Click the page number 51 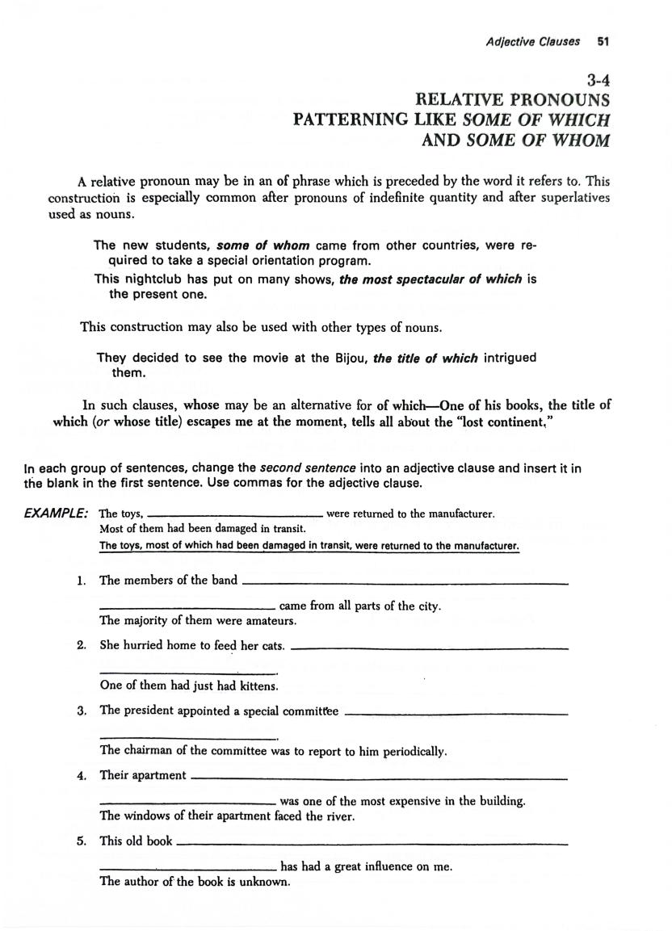[603, 41]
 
